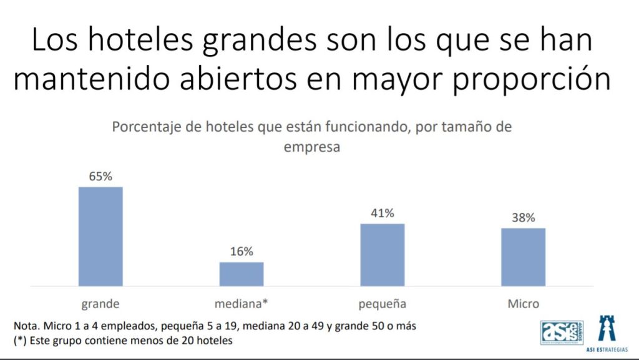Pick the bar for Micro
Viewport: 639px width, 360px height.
(x=523, y=257)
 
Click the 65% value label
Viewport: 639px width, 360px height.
(x=100, y=177)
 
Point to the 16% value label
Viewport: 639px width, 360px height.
(x=241, y=252)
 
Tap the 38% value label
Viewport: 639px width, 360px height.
(x=523, y=218)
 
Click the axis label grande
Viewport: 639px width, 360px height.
(x=100, y=304)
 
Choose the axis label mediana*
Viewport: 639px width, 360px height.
(x=241, y=304)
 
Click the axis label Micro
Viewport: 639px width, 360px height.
(x=523, y=304)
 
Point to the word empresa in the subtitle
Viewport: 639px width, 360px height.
(x=311, y=148)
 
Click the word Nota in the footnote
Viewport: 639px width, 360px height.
(x=26, y=326)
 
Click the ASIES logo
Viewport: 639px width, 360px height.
(x=560, y=331)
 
